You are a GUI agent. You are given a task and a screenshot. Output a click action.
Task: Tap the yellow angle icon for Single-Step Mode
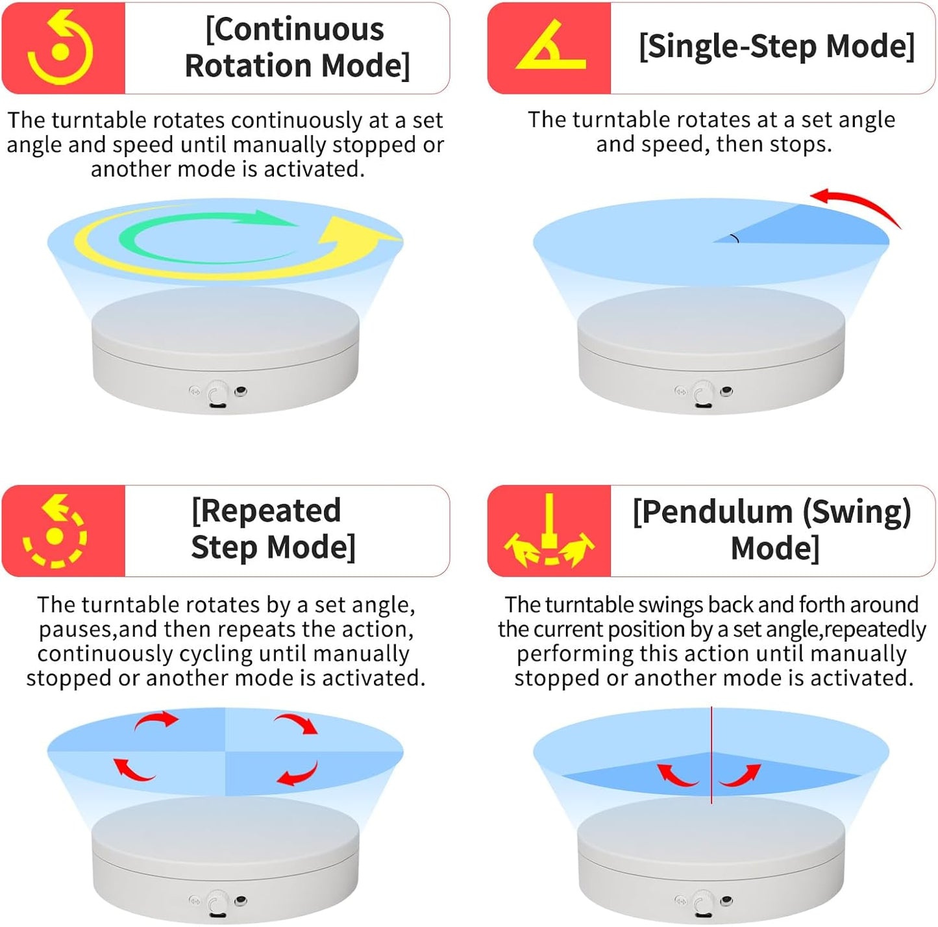point(550,48)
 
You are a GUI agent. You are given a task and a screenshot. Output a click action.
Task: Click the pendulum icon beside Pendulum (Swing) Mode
point(549,531)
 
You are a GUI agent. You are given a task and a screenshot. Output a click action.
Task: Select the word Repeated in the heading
point(266,511)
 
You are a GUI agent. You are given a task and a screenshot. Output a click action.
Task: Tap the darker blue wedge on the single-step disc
point(818,229)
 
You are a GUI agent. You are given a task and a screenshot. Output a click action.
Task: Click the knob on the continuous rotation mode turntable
point(217,394)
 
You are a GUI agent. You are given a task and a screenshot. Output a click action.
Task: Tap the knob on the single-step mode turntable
point(702,394)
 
